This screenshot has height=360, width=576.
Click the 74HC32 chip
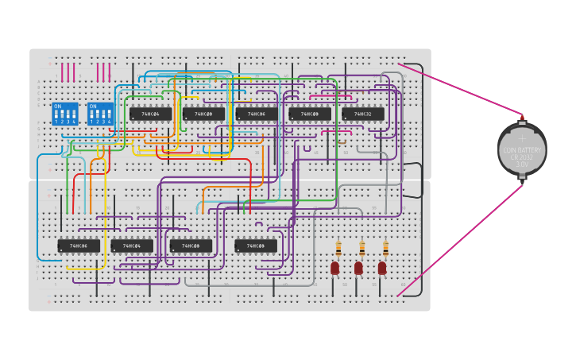(x=362, y=114)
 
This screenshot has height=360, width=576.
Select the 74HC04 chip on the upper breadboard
(x=150, y=114)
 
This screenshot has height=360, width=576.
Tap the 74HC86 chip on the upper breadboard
(x=256, y=114)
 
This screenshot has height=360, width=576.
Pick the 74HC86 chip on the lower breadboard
(x=79, y=246)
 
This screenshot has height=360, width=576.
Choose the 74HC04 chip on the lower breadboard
(x=132, y=246)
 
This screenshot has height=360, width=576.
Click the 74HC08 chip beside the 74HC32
(x=309, y=114)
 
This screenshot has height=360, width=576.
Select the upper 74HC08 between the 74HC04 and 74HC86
(x=203, y=114)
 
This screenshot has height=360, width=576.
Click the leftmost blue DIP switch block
(x=65, y=114)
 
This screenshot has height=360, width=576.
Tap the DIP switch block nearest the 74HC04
(x=100, y=114)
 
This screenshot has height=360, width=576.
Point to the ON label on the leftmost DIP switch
(x=57, y=106)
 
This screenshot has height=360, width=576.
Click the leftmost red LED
(x=335, y=268)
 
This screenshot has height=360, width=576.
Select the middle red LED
(x=358, y=268)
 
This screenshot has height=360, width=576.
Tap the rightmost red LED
(x=382, y=268)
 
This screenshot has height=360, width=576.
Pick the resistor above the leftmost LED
(x=338, y=249)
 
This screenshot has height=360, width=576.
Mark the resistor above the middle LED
(x=362, y=249)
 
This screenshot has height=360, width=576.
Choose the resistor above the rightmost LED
(x=386, y=249)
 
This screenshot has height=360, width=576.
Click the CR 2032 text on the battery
(x=522, y=157)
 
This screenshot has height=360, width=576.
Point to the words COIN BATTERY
(x=522, y=150)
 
